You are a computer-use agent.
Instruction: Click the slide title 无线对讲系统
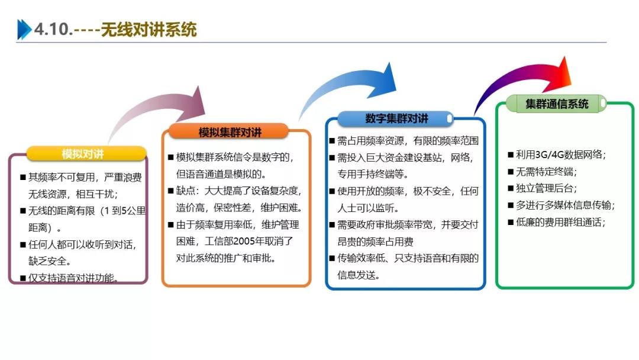[x=149, y=30]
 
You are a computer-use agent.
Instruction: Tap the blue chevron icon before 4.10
[x=24, y=29]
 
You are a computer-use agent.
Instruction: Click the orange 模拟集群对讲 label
[x=230, y=131]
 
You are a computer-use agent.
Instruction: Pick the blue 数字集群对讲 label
[x=396, y=118]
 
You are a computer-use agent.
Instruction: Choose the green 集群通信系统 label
[x=557, y=104]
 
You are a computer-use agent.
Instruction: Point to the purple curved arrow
[x=160, y=112]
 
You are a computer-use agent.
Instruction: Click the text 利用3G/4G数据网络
[x=561, y=155]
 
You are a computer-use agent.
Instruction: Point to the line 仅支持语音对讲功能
[x=73, y=278]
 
